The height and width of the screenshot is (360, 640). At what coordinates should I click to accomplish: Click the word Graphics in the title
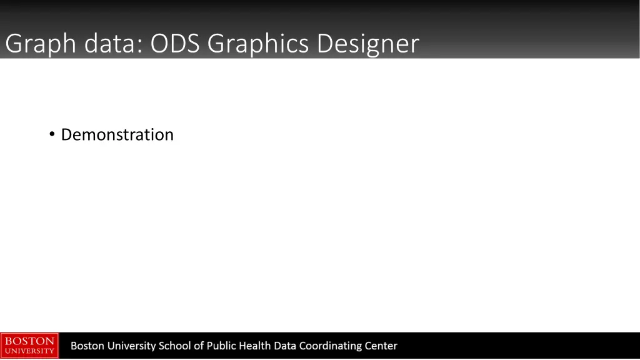click(259, 44)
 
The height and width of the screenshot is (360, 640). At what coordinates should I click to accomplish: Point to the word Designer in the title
click(367, 44)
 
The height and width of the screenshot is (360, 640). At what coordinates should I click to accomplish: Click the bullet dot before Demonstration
click(52, 134)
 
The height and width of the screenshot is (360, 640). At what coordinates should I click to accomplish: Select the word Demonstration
click(117, 134)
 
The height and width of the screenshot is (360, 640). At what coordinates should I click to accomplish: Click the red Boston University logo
click(29, 346)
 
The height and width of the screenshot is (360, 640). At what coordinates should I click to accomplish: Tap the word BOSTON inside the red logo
click(29, 341)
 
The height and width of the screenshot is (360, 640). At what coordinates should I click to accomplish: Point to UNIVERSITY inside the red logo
click(29, 351)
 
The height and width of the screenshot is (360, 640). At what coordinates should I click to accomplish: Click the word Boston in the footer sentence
click(87, 346)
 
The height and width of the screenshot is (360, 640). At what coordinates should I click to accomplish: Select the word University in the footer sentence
click(131, 346)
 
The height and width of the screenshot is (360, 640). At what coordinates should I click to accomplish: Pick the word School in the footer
click(176, 346)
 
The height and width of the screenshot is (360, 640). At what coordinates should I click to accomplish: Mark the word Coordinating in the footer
click(331, 346)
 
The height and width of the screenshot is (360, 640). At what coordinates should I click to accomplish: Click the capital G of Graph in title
click(13, 44)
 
